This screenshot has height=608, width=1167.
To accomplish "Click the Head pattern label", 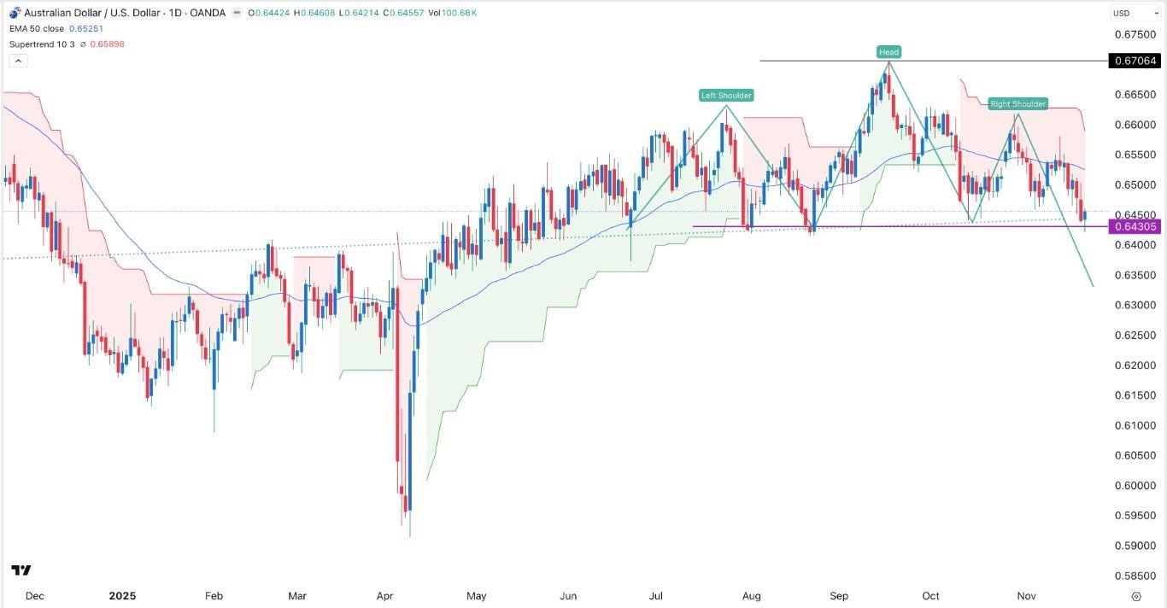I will coord(888,52).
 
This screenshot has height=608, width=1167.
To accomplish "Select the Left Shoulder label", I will coord(726,96).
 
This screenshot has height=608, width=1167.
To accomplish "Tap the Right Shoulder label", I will coord(1017,104).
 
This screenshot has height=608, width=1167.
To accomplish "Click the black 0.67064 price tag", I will coord(1135,61).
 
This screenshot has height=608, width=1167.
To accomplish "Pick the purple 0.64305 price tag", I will coord(1135,226).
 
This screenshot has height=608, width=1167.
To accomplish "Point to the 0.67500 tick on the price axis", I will coord(1135,35).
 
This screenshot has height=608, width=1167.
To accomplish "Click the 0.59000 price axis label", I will coord(1135,546).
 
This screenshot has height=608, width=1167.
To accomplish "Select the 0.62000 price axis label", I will coord(1135,365).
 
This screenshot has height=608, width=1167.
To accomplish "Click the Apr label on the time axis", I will coord(385,596).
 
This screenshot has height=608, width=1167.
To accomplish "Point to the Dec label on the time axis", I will coord(34,596).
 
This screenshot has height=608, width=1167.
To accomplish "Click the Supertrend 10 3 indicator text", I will coord(48,44).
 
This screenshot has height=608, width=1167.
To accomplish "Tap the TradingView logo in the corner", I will coord(21,570).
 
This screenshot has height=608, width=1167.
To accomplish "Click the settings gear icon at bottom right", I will coord(1135,596).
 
